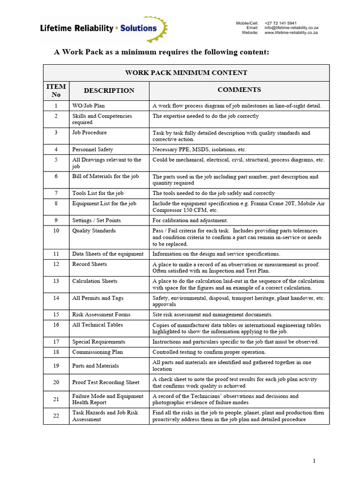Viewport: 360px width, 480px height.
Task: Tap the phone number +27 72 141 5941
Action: [280, 23]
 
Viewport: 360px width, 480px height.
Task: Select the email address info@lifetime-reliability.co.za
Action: [291, 28]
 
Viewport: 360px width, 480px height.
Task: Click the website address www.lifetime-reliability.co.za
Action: [291, 33]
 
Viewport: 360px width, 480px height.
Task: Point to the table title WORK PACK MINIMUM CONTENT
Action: [186, 73]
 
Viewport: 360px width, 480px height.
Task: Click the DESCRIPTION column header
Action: [109, 90]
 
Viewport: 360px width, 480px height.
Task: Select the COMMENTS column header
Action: [239, 90]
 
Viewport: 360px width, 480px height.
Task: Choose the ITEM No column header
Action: [56, 90]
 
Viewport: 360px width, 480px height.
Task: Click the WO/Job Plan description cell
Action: [89, 105]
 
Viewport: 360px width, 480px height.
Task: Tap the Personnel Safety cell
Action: [92, 150]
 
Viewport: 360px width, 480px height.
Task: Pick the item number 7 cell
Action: [56, 193]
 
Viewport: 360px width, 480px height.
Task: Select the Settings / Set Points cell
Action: [96, 220]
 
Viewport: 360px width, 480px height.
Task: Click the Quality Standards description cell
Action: [94, 231]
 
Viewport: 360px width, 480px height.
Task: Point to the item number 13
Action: [56, 281]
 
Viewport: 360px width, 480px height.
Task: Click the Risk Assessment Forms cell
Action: [101, 315]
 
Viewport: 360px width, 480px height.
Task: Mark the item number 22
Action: [56, 416]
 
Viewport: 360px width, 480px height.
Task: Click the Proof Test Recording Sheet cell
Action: [105, 382]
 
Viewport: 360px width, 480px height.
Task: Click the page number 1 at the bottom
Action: [314, 461]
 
